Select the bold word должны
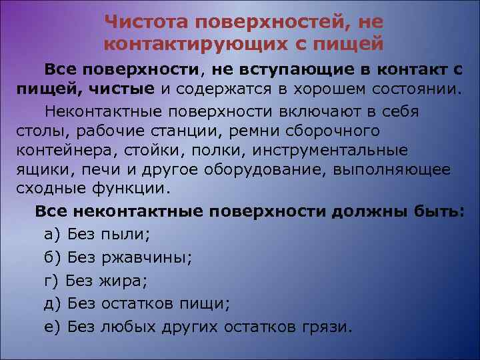click(371, 212)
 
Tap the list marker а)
click(52, 234)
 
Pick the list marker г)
click(52, 281)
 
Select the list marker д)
click(53, 304)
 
